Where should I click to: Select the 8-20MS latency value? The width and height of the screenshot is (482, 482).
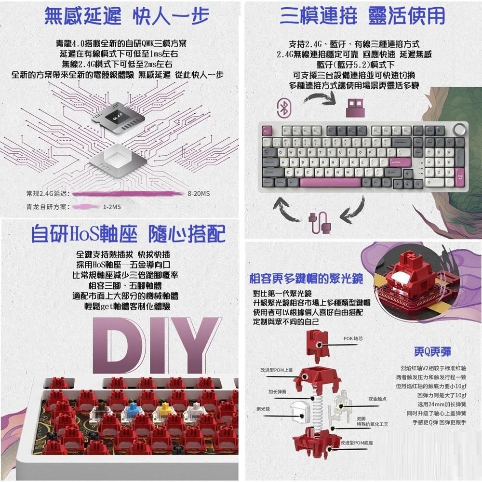coord(199,194)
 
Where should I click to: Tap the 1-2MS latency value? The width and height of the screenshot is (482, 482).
coord(112,207)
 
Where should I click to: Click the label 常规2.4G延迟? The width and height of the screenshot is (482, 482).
coord(48,194)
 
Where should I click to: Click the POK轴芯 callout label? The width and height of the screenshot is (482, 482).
coord(353,339)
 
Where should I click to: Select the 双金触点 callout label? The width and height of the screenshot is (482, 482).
coord(377,399)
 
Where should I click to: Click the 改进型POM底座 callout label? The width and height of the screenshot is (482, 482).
coord(357,442)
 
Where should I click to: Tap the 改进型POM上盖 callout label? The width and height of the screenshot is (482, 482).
coord(276,370)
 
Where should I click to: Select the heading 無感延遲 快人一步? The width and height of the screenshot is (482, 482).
coord(127,15)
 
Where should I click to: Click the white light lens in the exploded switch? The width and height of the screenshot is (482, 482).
coord(300,411)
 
